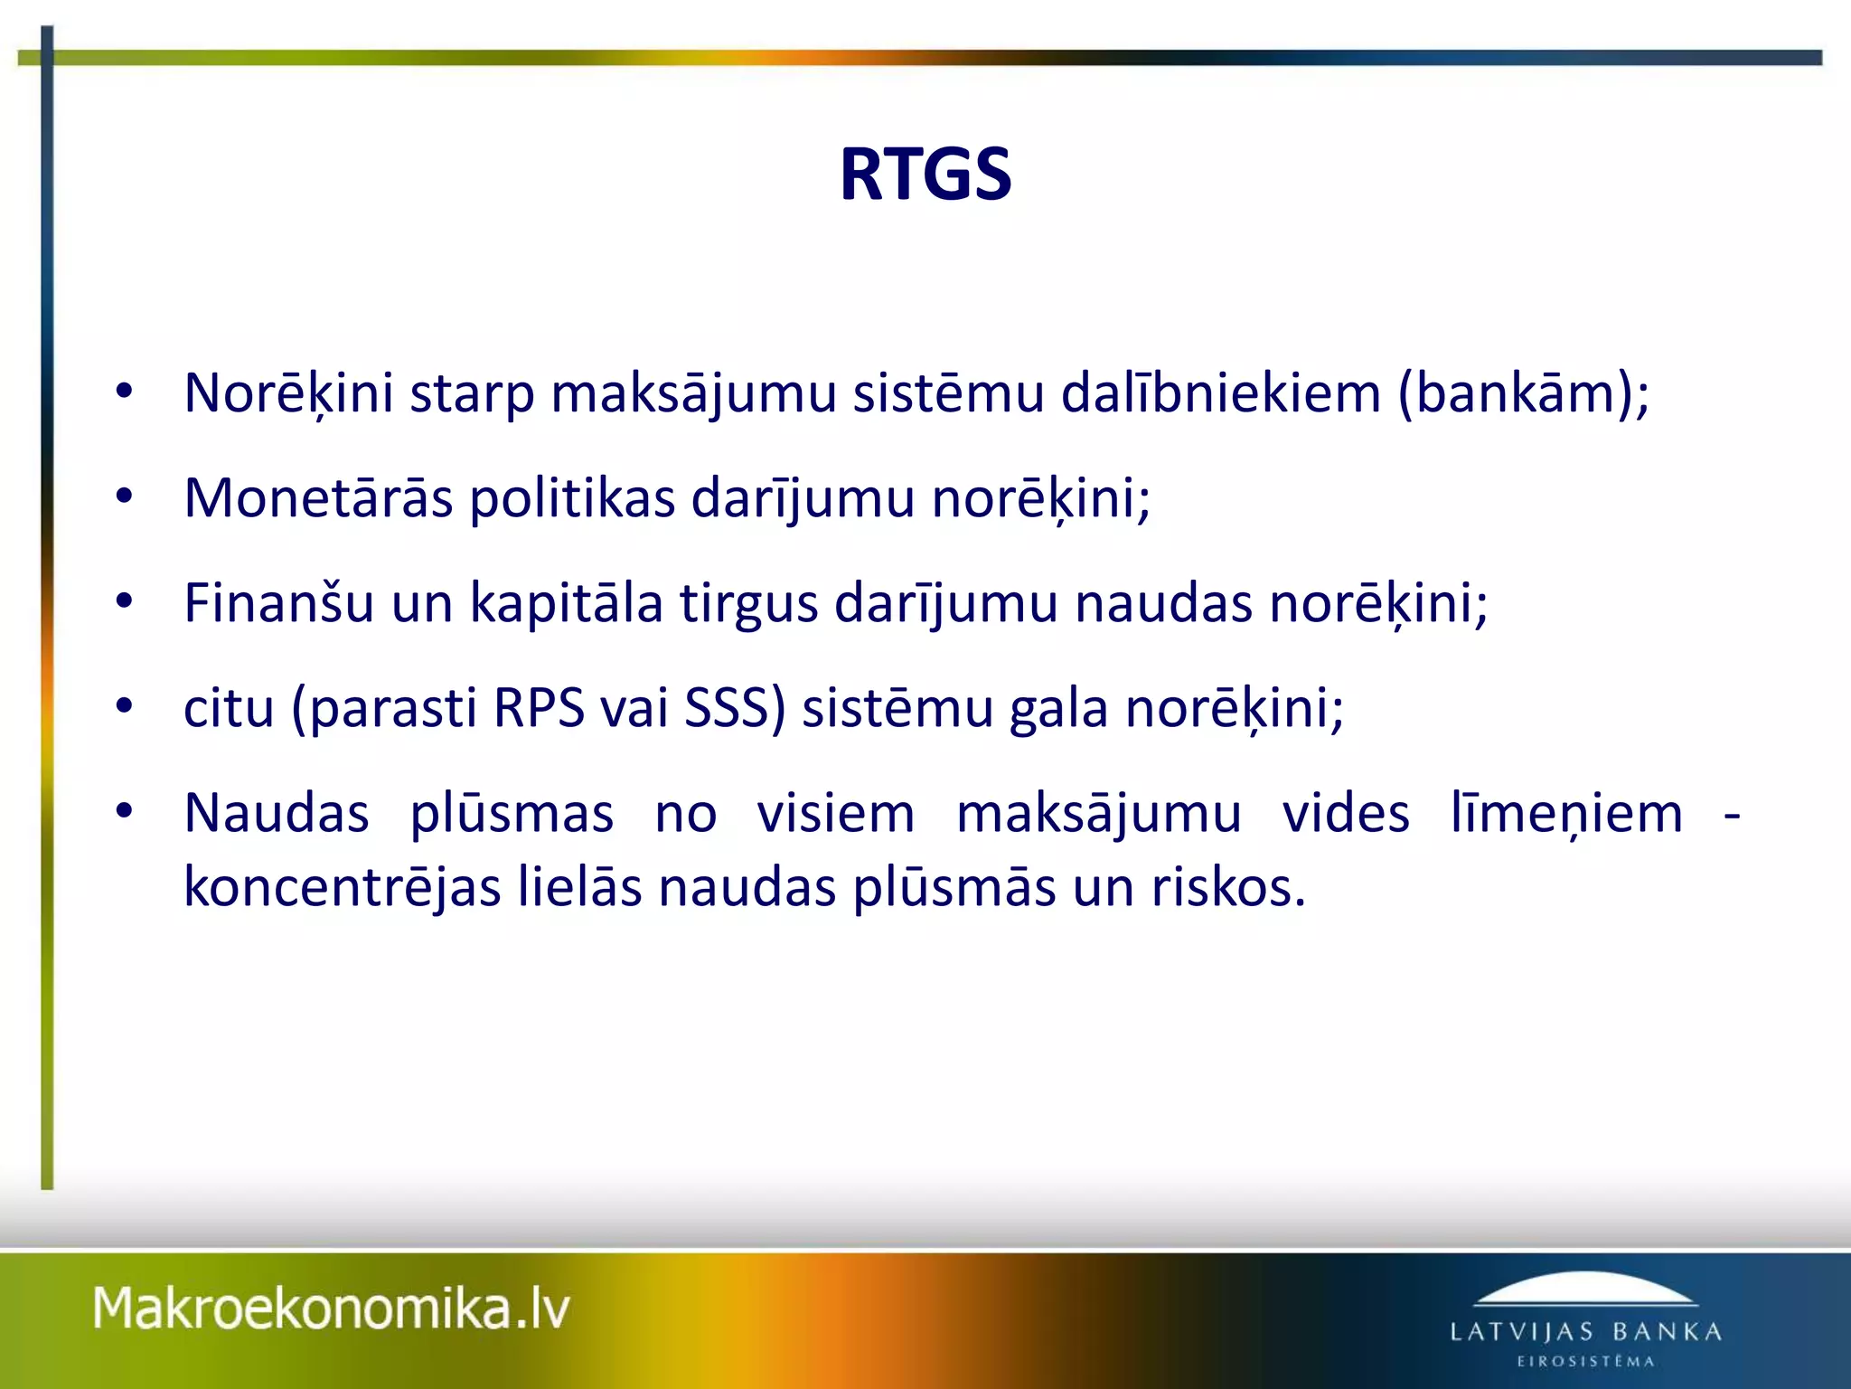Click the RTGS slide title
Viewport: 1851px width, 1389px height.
coord(925,175)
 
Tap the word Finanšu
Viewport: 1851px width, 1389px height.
coord(278,603)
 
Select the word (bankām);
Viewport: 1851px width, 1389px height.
coord(1523,394)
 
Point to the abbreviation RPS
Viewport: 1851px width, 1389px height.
coord(539,708)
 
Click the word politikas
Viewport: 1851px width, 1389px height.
coord(572,498)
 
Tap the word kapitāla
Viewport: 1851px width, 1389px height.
coord(566,603)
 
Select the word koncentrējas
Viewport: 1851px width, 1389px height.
coord(342,888)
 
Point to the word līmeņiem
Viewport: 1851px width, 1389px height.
coord(1566,814)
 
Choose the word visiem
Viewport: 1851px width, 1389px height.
coord(836,814)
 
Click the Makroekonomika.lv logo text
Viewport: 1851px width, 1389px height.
coord(332,1309)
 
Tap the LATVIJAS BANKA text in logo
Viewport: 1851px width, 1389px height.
coord(1585,1332)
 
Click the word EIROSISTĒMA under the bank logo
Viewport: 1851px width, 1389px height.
coord(1585,1362)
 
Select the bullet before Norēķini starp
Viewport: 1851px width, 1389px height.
coord(125,392)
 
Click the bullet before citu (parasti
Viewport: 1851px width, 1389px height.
coord(125,706)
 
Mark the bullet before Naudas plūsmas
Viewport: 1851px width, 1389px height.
coord(125,811)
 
